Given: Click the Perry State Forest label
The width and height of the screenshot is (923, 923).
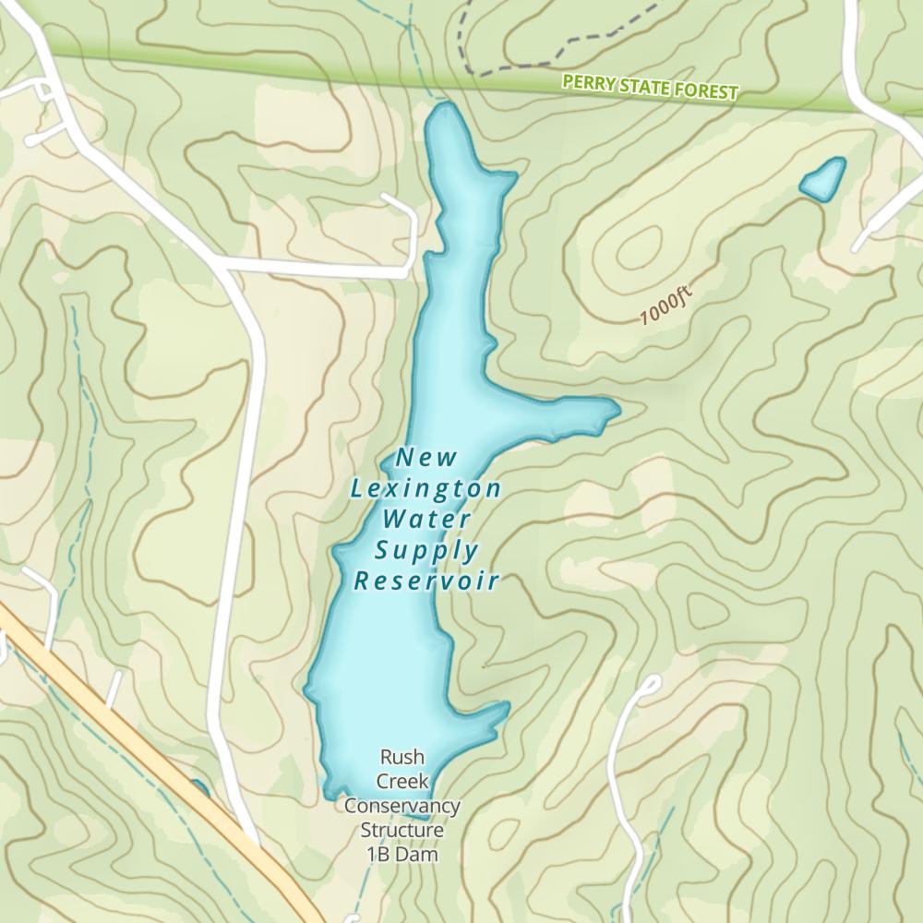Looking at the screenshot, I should pyautogui.click(x=651, y=88).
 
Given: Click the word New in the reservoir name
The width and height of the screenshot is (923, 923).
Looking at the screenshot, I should pyautogui.click(x=426, y=457).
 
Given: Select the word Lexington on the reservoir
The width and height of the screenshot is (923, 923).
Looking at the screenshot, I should pyautogui.click(x=426, y=488).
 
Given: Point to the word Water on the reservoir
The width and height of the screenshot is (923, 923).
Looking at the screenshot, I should pyautogui.click(x=426, y=519).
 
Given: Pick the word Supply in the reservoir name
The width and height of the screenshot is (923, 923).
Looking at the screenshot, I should pyautogui.click(x=426, y=551).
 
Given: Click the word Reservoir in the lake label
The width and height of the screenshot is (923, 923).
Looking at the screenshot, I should pyautogui.click(x=426, y=581).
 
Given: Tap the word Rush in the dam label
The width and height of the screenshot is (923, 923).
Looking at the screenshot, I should pyautogui.click(x=402, y=758).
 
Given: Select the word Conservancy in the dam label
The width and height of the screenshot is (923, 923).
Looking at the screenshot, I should pyautogui.click(x=402, y=806).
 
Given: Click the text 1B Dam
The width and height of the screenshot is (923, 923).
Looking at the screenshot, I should pyautogui.click(x=402, y=855).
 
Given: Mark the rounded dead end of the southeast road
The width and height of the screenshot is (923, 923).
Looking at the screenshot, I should pyautogui.click(x=652, y=684).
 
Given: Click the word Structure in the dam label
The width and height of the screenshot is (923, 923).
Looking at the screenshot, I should pyautogui.click(x=402, y=831).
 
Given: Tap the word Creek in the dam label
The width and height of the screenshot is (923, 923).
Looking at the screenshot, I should pyautogui.click(x=402, y=782).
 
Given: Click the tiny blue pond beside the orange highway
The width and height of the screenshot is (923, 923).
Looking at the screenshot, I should pyautogui.click(x=199, y=788).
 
